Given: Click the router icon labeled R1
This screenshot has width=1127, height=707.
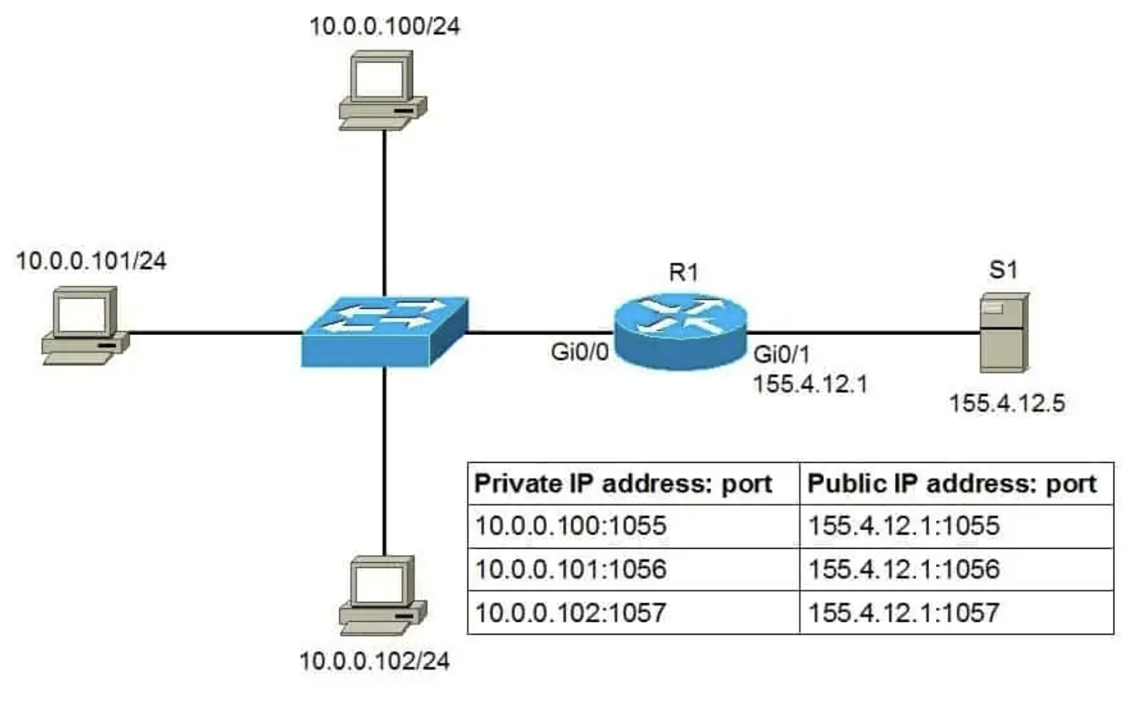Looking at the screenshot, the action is click(680, 331).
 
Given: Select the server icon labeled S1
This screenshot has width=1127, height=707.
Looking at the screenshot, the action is click(1004, 333).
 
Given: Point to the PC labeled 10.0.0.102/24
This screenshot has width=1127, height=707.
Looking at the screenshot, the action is click(383, 596).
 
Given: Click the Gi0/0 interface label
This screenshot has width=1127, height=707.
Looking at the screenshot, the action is click(580, 352).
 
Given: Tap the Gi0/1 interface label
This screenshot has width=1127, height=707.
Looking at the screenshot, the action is click(781, 355).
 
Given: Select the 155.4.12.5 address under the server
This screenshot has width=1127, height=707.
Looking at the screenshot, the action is click(1007, 403).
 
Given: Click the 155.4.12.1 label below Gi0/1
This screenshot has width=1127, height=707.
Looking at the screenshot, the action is click(810, 385).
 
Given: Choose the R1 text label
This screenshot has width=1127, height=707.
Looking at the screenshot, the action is click(683, 273).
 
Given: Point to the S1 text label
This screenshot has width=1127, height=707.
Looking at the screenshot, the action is click(1004, 270).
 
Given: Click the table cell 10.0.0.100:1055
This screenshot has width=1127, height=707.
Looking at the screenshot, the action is click(571, 526).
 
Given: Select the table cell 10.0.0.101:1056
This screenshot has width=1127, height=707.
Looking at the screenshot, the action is click(571, 569).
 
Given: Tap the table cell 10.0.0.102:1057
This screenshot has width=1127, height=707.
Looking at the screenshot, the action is click(571, 613).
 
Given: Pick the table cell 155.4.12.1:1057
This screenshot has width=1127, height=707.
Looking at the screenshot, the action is click(903, 613).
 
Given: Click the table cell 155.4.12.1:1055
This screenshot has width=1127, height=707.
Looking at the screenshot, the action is click(903, 526).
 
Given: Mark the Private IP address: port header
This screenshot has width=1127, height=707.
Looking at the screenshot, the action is click(623, 484).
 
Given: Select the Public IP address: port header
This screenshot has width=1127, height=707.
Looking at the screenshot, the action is click(952, 484).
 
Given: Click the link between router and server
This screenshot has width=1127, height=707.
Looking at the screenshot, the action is click(864, 332).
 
